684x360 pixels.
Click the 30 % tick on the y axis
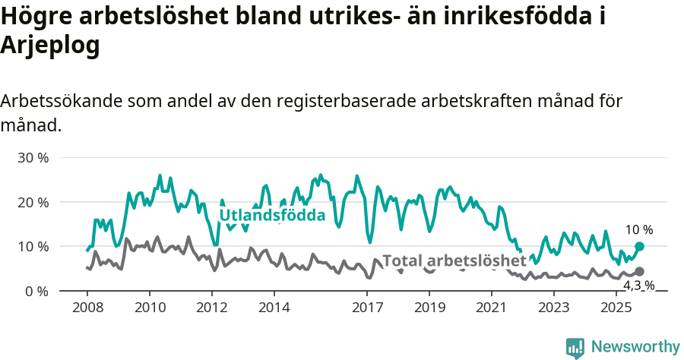33,158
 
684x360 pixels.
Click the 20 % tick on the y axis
33,202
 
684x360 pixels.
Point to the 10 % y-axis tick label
33,247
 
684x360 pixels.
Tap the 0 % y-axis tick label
36,291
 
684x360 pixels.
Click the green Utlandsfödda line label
272,216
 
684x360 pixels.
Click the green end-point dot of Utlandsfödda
639,246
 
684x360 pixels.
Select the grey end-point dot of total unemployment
639,272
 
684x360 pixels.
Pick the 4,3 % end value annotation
638,286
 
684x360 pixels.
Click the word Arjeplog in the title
50,46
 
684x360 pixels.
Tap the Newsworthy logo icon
575,347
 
